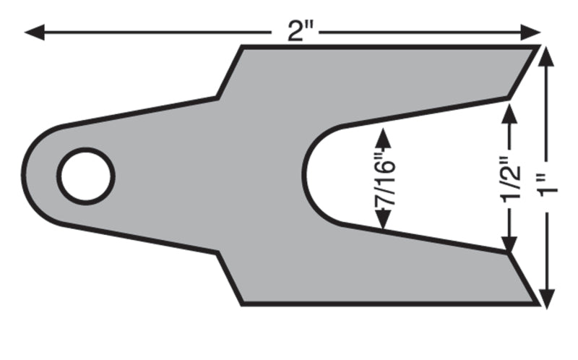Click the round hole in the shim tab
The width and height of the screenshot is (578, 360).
[86, 176]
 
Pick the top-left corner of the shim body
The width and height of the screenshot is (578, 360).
[241, 46]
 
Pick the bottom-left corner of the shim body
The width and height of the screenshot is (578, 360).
[241, 304]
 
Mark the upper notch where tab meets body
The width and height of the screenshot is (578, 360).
[218, 97]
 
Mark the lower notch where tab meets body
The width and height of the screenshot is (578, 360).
[218, 253]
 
